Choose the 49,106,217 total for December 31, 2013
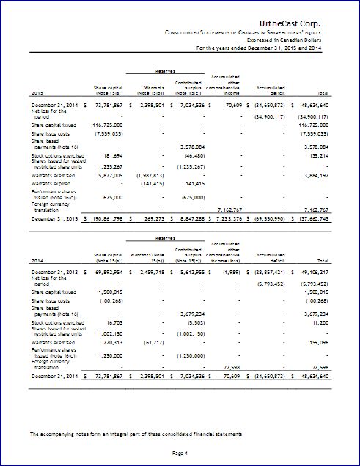click(x=329, y=271)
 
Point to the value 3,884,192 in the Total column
click(x=332, y=176)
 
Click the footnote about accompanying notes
click(x=136, y=435)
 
